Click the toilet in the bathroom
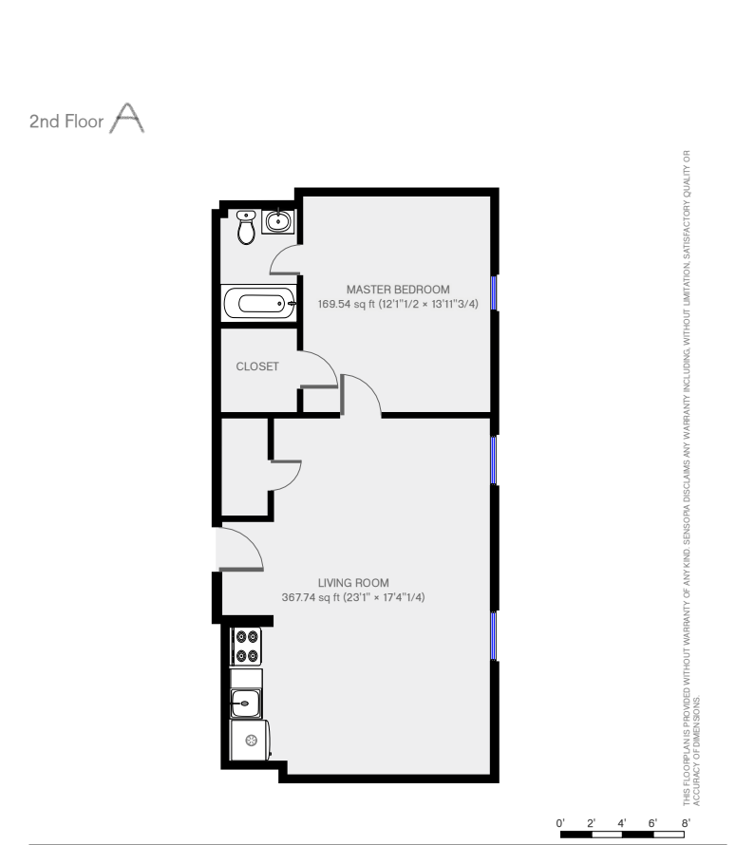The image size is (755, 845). [x=246, y=227]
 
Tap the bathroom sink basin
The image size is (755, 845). [x=278, y=221]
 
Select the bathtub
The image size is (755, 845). [x=259, y=304]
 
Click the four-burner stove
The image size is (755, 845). [x=246, y=647]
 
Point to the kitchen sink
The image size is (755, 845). [x=245, y=704]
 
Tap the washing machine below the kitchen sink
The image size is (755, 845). [x=250, y=740]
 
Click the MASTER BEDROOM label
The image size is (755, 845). [x=398, y=290]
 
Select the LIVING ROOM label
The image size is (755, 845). [x=353, y=583]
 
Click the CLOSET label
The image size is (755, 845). [x=257, y=366]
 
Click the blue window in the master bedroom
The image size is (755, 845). [x=494, y=292]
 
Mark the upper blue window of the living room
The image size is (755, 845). [x=493, y=460]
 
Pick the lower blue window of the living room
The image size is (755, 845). [x=493, y=636]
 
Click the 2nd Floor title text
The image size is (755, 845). [x=66, y=122]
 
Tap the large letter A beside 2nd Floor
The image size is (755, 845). [x=126, y=118]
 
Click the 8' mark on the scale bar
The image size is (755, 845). [x=686, y=823]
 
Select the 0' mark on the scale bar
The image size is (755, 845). [x=560, y=823]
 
